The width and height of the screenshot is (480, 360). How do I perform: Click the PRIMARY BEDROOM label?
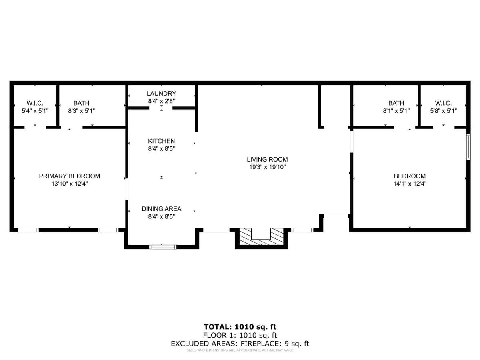click(69, 176)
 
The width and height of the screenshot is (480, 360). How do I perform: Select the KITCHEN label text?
click(161, 141)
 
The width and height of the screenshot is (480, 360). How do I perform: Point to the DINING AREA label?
click(161, 209)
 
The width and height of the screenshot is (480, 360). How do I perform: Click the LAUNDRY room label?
click(161, 94)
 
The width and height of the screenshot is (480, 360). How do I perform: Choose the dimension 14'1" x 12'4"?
click(410, 184)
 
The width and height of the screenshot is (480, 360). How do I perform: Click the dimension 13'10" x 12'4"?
click(69, 184)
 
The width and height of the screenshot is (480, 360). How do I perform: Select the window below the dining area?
click(162, 247)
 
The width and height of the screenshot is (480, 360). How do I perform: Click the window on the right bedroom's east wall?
click(468, 147)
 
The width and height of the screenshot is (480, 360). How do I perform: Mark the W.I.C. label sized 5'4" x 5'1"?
click(35, 103)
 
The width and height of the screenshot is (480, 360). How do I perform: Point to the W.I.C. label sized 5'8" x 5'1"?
click(443, 103)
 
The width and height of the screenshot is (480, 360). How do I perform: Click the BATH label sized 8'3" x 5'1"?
click(81, 103)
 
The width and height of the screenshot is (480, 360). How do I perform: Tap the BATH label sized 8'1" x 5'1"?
click(396, 103)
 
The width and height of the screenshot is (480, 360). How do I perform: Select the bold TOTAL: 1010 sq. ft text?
click(240, 327)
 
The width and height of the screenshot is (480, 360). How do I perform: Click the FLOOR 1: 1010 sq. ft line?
click(240, 335)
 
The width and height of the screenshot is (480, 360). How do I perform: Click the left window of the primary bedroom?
click(28, 230)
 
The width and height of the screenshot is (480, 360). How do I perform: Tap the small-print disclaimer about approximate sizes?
click(240, 350)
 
